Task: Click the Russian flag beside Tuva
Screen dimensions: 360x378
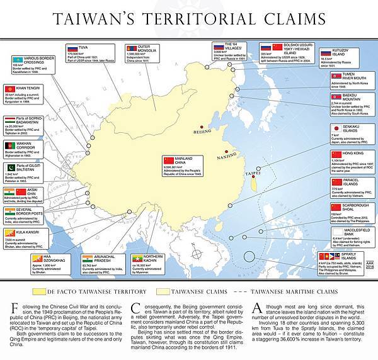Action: click(x=72, y=48)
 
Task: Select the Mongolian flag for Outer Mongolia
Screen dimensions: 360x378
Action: click(x=132, y=48)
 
